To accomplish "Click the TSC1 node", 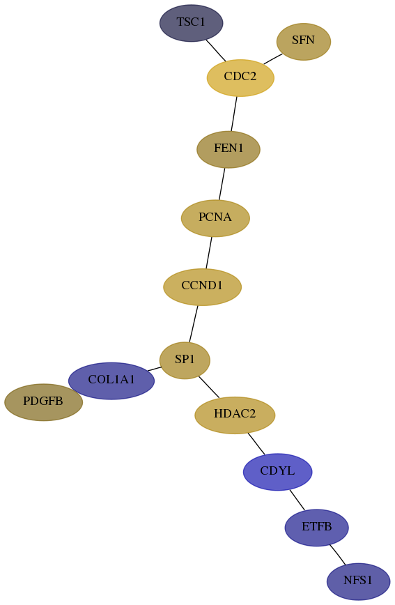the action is [x=192, y=23].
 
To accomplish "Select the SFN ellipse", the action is [x=304, y=42].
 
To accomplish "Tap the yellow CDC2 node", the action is [x=240, y=77].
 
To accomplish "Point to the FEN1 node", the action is [x=229, y=149].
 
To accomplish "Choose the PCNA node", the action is [x=215, y=218].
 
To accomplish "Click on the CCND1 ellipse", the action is [x=202, y=286].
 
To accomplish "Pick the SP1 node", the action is [x=185, y=360].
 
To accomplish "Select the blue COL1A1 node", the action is [x=111, y=381].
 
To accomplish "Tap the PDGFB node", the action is [x=43, y=402].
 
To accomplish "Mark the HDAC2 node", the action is [x=235, y=415].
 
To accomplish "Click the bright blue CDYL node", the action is [x=277, y=472].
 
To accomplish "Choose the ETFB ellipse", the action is [x=317, y=528].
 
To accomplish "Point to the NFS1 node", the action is [x=358, y=581].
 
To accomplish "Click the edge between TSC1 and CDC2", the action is [x=216, y=51].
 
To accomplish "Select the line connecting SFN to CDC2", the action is [x=272, y=59].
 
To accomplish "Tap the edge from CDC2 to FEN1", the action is [x=234, y=114].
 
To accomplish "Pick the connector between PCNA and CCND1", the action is [x=209, y=252].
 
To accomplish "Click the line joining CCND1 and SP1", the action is [x=193, y=323].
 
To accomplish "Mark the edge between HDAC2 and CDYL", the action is [x=256, y=444].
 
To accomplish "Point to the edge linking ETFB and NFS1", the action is [x=337, y=555].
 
